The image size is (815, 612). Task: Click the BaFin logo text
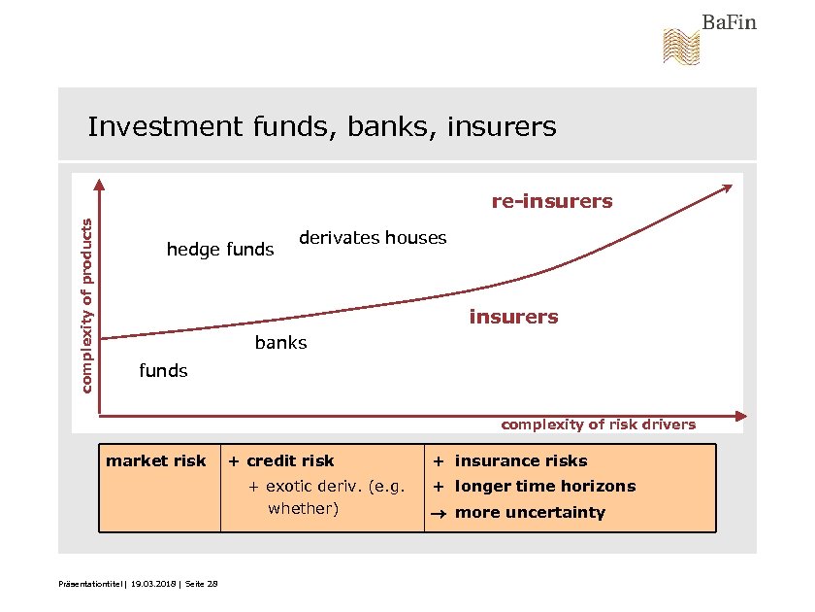(x=729, y=21)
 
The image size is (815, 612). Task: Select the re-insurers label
(x=552, y=202)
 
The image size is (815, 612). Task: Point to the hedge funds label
(x=220, y=251)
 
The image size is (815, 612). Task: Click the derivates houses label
(x=373, y=238)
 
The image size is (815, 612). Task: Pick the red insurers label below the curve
(x=513, y=317)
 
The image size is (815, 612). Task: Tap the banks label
(x=280, y=343)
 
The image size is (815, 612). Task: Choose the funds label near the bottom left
(x=163, y=371)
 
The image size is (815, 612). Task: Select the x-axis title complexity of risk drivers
(x=598, y=425)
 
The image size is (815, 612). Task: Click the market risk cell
(x=156, y=461)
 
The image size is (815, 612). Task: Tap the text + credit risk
(x=280, y=461)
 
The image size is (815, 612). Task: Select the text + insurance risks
(x=510, y=461)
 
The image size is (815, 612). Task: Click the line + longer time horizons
(x=534, y=487)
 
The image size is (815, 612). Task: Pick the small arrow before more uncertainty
(x=439, y=514)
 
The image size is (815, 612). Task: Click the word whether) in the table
(x=303, y=508)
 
